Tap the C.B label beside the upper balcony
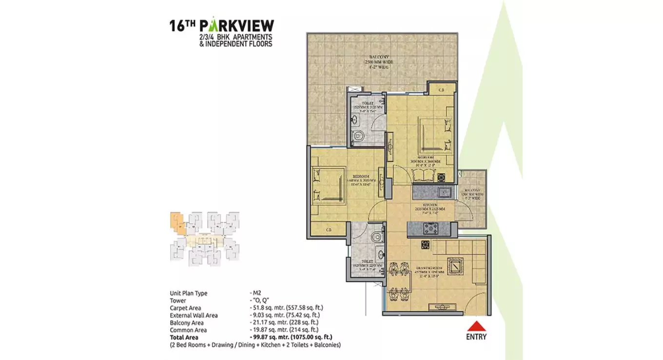(441, 89)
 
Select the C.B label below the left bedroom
(329, 229)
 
